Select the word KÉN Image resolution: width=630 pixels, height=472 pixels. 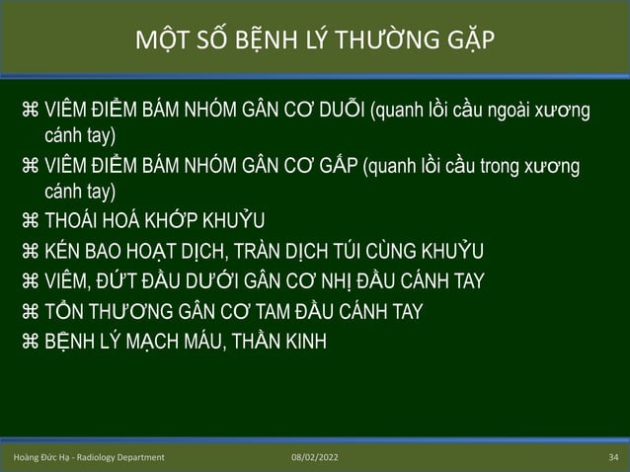coord(63,249)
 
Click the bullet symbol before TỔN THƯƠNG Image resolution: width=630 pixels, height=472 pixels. coord(30,312)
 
